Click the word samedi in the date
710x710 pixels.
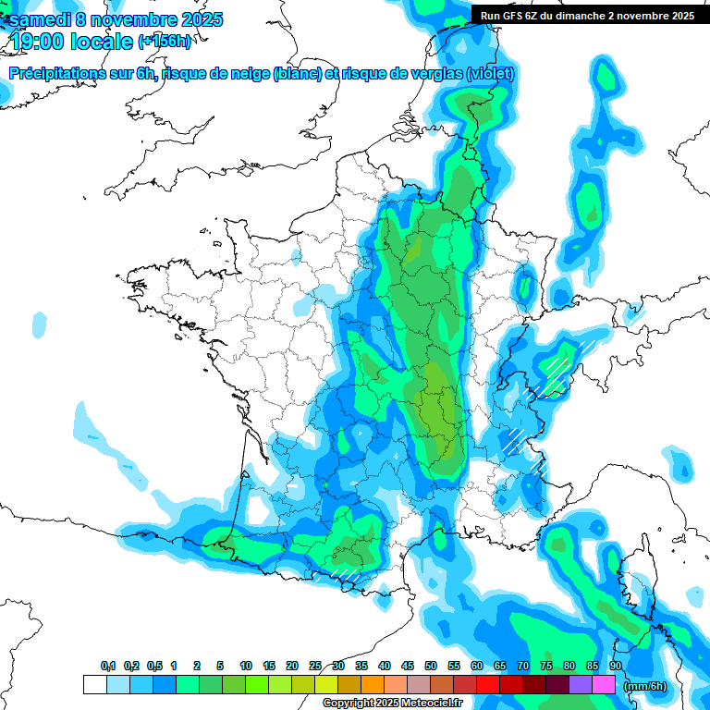click(36, 19)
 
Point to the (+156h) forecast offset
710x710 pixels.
click(164, 42)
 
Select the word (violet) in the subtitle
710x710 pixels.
click(490, 74)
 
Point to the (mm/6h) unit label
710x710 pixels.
click(645, 685)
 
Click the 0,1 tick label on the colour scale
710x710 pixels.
click(108, 667)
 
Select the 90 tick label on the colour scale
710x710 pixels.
click(615, 667)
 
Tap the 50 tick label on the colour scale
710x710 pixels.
click(431, 667)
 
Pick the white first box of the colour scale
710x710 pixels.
click(95, 685)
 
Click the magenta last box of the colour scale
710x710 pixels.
click(604, 685)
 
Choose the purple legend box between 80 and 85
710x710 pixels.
click(581, 685)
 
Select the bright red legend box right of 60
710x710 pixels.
click(488, 685)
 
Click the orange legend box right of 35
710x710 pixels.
click(373, 685)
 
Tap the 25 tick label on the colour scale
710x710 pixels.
click(315, 667)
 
